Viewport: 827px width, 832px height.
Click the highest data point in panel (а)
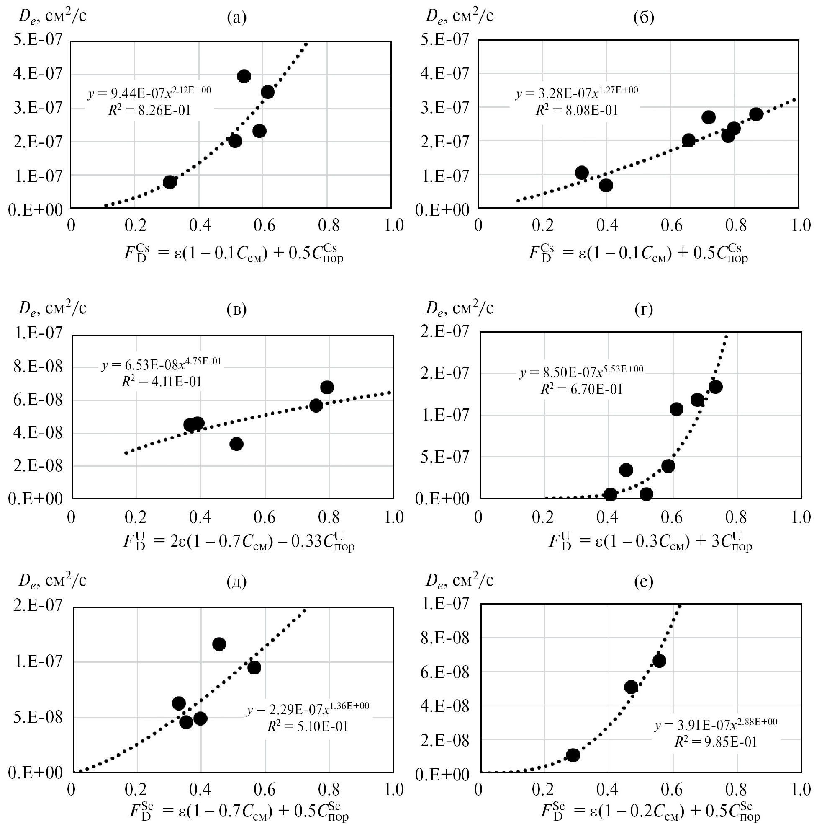(x=244, y=76)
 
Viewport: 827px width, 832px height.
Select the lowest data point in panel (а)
(x=170, y=182)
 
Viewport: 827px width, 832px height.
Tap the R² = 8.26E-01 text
(x=149, y=111)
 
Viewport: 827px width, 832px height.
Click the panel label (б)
(x=644, y=17)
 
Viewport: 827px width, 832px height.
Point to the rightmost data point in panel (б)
(x=756, y=114)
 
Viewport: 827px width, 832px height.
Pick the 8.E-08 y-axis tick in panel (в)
(x=38, y=367)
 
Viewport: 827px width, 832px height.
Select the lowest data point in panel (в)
(x=236, y=444)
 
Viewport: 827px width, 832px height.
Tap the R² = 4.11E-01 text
(x=162, y=382)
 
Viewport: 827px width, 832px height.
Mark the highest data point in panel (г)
(x=716, y=387)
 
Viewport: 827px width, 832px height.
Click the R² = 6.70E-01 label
(x=581, y=389)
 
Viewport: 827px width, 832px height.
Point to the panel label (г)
(x=644, y=309)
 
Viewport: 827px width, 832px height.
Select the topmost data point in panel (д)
(x=219, y=644)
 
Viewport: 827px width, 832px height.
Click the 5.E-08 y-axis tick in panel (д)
(x=38, y=718)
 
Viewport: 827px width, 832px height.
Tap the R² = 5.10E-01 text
(x=308, y=726)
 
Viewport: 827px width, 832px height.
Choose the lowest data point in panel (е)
(x=573, y=755)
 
